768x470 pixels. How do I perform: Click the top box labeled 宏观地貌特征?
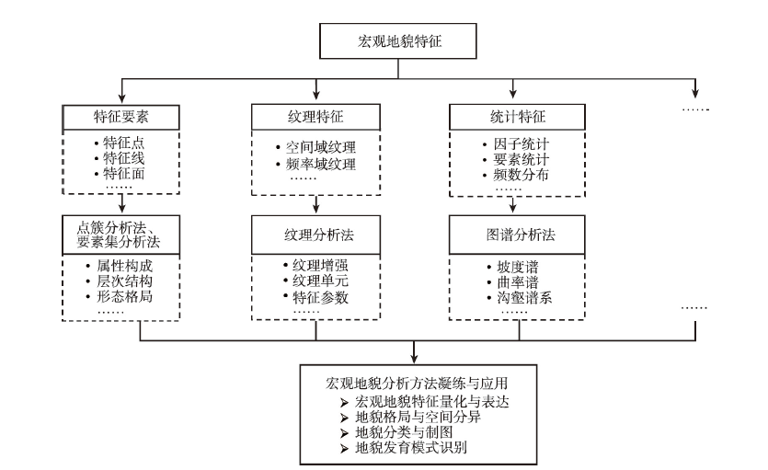(397, 41)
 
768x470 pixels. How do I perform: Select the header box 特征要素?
(121, 117)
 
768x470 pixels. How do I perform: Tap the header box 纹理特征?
(315, 117)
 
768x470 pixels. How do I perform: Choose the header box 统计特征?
(517, 117)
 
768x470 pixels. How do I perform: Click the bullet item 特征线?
(124, 158)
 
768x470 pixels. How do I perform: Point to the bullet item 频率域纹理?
(321, 164)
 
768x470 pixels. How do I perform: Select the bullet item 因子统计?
(521, 143)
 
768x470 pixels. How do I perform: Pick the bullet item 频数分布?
(521, 174)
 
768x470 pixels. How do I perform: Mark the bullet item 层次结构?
(124, 281)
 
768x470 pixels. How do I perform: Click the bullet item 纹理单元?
(320, 281)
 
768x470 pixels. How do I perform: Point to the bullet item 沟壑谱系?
(524, 298)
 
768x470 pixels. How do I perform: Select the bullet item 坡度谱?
(518, 267)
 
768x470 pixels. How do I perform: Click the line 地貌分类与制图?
(404, 432)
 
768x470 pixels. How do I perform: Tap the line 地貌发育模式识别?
(411, 448)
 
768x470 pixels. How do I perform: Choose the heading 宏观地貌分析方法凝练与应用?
(417, 383)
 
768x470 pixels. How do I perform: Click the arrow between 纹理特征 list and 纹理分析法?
(315, 204)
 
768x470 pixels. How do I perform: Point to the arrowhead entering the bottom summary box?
(415, 359)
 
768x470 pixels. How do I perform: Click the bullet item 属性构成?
(124, 266)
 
